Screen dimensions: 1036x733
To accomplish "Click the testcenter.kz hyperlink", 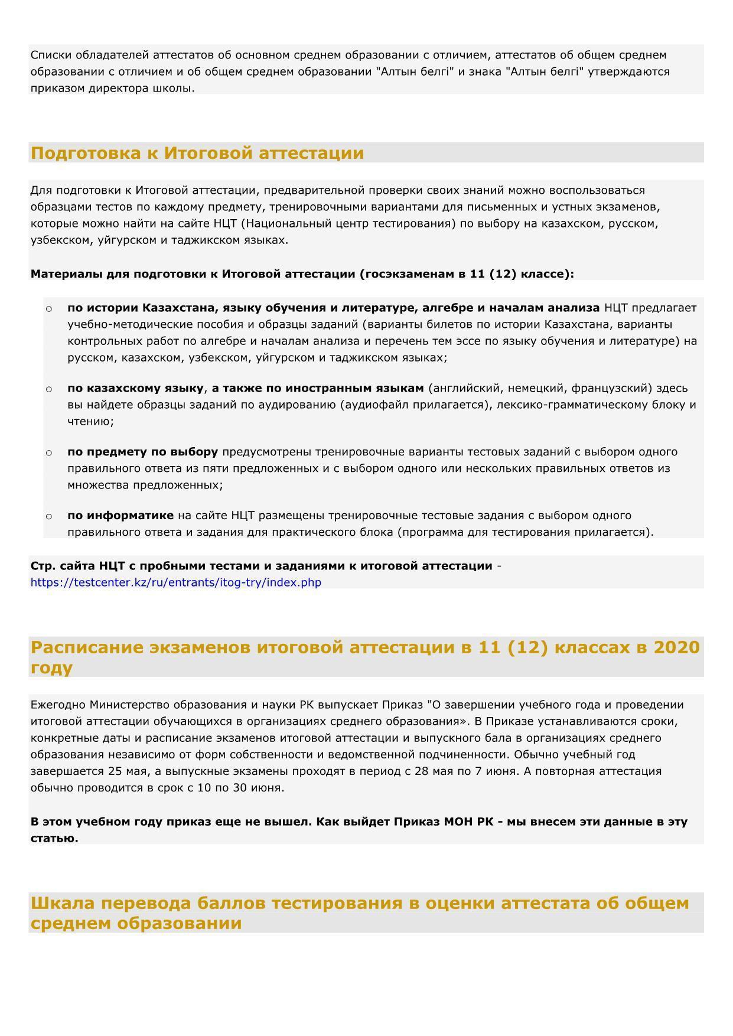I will (176, 582).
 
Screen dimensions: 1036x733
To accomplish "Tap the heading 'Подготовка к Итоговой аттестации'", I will (197, 153).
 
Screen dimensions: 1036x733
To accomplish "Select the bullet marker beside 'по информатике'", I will (49, 516).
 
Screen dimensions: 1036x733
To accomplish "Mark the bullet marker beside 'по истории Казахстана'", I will (49, 308).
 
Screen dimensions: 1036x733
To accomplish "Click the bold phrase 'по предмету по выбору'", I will (142, 452).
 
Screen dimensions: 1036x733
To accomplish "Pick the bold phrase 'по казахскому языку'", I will (135, 388).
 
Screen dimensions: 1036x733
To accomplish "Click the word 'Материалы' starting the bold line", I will (66, 274).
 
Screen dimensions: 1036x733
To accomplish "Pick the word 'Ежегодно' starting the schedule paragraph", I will (58, 705).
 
